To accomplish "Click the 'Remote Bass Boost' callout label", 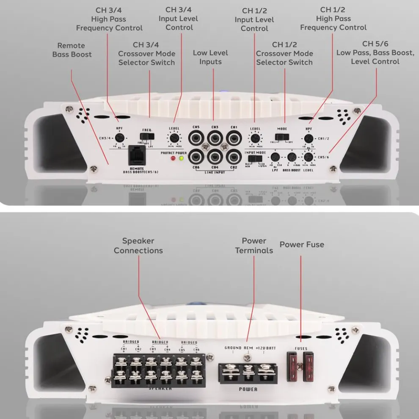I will [72, 50].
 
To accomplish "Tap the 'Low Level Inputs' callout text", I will [210, 57].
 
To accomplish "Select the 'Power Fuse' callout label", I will [302, 245].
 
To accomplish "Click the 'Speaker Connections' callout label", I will [138, 245].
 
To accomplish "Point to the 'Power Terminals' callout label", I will [254, 245].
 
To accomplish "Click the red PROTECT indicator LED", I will [173, 159].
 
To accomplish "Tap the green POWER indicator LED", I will [181, 159].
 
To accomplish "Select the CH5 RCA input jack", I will [196, 138].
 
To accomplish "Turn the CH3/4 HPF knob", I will [119, 138].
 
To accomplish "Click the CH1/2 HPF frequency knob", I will [309, 138].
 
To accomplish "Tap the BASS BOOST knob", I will [291, 157].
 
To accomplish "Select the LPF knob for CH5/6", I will [275, 157].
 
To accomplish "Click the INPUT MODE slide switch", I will [253, 158].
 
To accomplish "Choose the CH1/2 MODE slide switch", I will [281, 137].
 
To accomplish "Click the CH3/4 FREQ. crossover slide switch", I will [147, 136].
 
